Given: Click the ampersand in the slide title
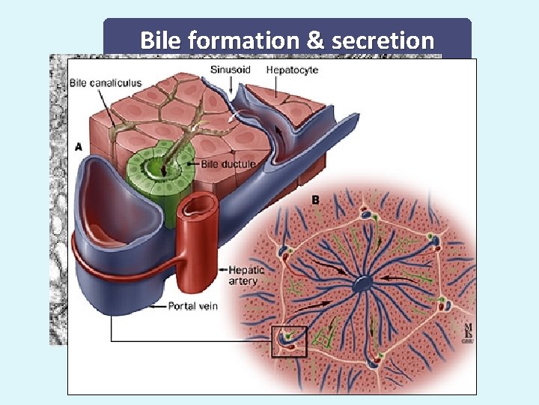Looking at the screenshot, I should [316, 40].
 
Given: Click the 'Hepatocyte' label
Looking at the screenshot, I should [292, 70].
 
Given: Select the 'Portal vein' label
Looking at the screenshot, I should [193, 306].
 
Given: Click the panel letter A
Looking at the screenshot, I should [79, 147].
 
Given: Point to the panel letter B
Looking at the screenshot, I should [316, 200].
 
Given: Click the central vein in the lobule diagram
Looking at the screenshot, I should [363, 284].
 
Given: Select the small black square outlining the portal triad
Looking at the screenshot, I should [289, 340].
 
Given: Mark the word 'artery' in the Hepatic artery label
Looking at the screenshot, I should [243, 281].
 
